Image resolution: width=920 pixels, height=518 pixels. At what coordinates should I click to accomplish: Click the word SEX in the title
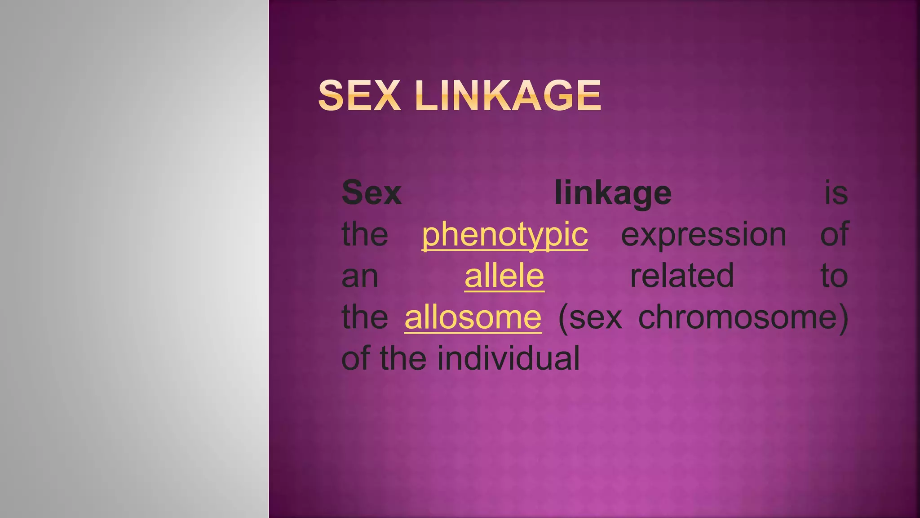359,95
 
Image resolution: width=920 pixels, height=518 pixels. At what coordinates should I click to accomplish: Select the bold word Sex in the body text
372,193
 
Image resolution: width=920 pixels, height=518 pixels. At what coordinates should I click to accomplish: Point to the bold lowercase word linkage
613,193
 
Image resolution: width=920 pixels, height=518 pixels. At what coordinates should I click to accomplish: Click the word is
836,193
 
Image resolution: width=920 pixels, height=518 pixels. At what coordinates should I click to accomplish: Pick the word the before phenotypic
365,234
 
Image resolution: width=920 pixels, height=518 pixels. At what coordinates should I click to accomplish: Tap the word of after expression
834,234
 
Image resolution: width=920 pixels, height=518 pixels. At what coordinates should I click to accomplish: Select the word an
360,277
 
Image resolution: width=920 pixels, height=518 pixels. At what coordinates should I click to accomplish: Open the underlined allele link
504,276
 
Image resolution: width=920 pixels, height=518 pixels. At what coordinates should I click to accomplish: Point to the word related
681,276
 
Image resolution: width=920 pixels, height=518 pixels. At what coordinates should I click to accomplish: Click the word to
834,276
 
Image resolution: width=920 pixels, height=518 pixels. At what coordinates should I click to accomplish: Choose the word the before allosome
365,317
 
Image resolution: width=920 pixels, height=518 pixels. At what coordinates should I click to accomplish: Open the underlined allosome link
473,317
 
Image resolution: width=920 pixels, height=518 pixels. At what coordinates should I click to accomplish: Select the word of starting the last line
356,358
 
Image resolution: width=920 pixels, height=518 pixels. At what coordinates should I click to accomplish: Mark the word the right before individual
403,358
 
